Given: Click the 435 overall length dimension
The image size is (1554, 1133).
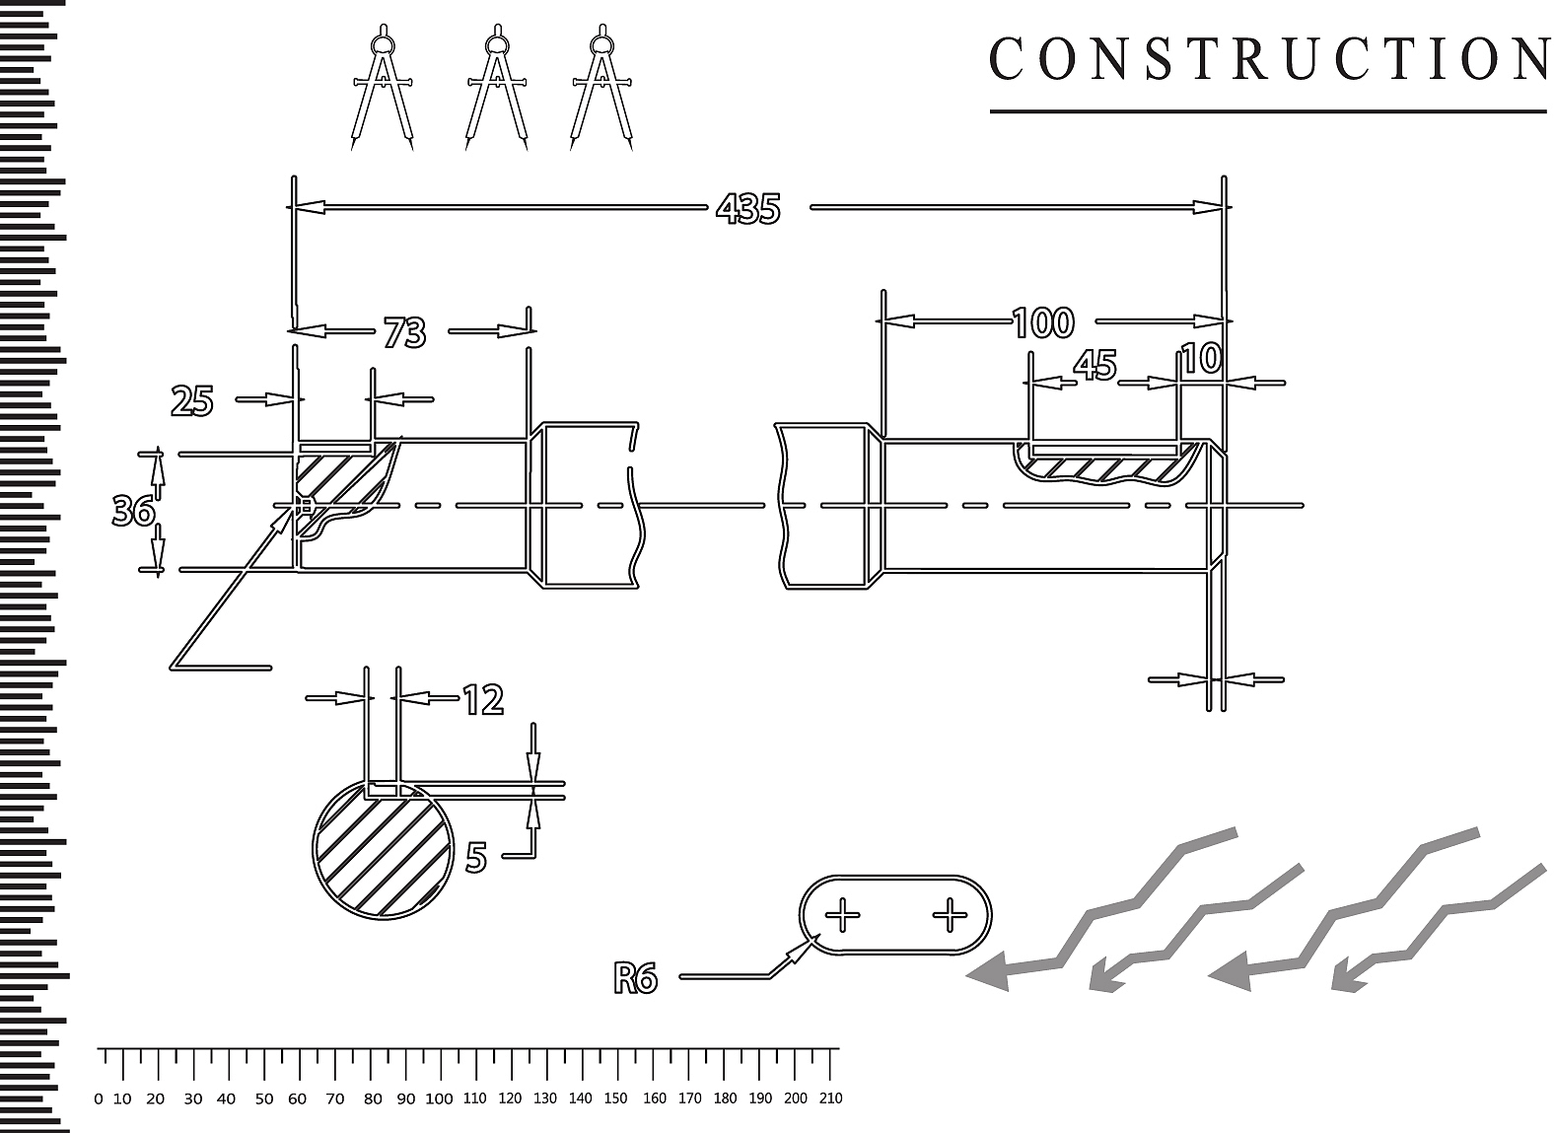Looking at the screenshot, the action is click(747, 208).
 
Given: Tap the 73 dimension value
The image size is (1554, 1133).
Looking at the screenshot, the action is click(404, 332).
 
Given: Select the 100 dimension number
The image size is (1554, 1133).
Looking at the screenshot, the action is click(1042, 322).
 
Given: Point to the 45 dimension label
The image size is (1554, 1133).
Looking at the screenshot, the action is click(1095, 365).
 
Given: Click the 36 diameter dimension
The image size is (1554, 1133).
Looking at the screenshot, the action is click(133, 512).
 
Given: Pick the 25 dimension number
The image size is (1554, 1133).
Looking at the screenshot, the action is click(191, 401).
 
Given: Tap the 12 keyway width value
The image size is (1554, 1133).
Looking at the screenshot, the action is click(483, 699).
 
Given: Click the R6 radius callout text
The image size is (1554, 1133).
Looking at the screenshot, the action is click(635, 979).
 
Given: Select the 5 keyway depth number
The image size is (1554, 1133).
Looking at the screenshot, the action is click(476, 858).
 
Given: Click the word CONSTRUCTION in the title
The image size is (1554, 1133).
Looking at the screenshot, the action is click(1269, 59).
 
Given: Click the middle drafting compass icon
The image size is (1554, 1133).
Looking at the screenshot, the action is click(496, 88).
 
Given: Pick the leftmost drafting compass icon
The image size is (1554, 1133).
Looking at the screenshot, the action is click(383, 88).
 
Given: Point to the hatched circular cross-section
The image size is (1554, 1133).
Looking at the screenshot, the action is click(383, 849).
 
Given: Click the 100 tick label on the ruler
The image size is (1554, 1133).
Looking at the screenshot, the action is click(439, 1099).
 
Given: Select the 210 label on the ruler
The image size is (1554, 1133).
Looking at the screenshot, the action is click(831, 1098).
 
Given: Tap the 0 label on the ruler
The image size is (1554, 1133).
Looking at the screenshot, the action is click(99, 1099).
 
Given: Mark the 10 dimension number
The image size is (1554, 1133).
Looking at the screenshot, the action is click(1201, 359).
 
